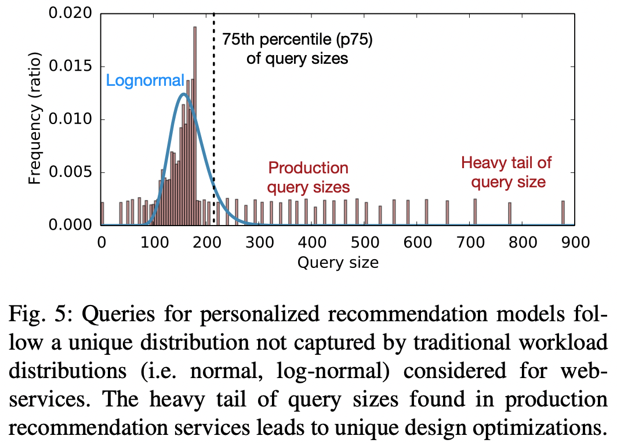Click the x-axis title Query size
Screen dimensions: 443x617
(x=337, y=263)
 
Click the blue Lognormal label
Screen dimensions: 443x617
(x=145, y=81)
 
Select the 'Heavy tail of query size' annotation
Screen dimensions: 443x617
(x=506, y=172)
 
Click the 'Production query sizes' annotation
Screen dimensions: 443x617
(x=308, y=177)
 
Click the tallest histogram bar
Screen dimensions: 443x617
(x=195, y=125)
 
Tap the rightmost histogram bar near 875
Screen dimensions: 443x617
(x=562, y=213)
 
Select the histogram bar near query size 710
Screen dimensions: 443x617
(x=475, y=212)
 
